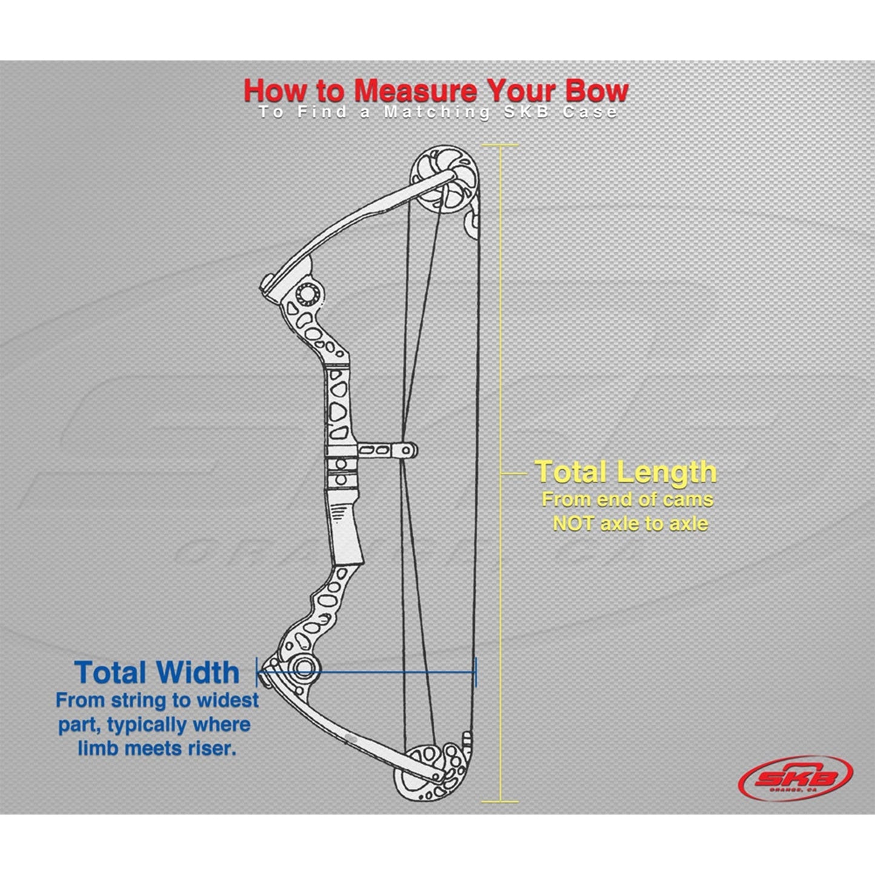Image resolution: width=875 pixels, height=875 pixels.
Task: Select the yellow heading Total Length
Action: (x=626, y=472)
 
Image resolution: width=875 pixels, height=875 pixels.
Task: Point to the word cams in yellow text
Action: (x=687, y=500)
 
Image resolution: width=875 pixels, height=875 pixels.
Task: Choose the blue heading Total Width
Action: (x=157, y=673)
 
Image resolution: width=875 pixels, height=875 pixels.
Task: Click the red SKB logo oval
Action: (x=795, y=778)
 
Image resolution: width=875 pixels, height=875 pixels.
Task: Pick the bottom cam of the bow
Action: (x=435, y=768)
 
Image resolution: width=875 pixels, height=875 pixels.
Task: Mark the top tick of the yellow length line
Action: (x=500, y=145)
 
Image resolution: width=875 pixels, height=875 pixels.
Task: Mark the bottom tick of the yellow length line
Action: (x=500, y=802)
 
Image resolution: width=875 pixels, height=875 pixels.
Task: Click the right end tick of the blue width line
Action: (x=476, y=672)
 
